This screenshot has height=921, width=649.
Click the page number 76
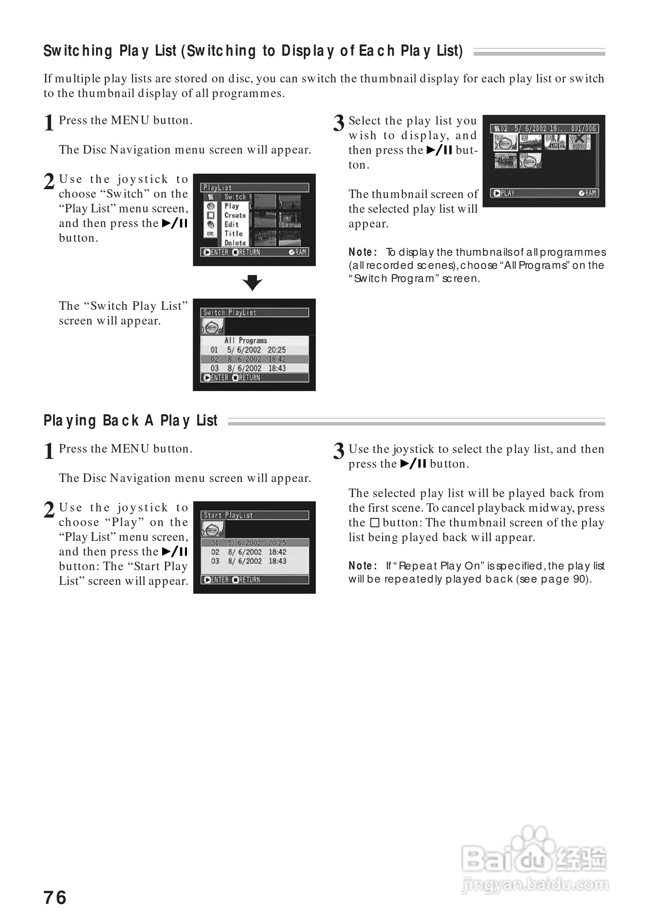(55, 897)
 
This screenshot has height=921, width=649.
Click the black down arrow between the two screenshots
(252, 282)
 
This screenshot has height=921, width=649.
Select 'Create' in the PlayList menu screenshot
(235, 215)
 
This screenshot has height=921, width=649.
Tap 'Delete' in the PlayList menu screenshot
(235, 243)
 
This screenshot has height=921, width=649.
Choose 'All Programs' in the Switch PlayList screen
(246, 340)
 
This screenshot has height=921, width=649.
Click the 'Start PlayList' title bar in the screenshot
(255, 515)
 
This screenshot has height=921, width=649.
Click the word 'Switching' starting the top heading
(78, 51)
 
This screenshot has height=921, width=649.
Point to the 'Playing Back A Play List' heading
(130, 420)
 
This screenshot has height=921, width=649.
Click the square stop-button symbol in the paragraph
(375, 523)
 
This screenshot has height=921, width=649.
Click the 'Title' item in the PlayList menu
(233, 234)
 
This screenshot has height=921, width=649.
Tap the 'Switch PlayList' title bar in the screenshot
(255, 313)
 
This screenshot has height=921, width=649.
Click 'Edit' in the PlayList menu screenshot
(231, 225)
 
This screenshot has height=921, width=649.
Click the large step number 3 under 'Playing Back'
(339, 451)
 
